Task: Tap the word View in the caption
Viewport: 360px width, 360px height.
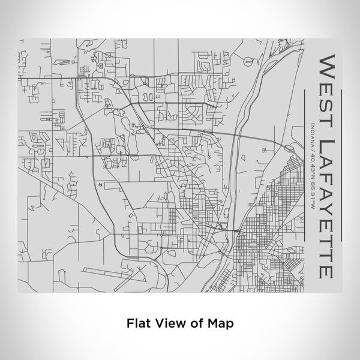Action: click(x=167, y=322)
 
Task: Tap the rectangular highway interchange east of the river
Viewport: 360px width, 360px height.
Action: click(x=289, y=146)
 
